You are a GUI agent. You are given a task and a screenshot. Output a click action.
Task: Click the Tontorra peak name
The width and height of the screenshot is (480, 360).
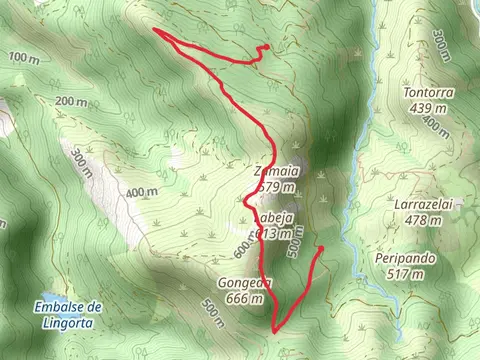pyautogui.click(x=428, y=93)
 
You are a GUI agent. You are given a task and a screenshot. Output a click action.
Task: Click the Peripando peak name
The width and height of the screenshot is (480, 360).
pyautogui.click(x=405, y=258)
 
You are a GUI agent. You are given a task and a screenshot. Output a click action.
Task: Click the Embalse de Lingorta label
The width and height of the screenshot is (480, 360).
pyautogui.click(x=68, y=311)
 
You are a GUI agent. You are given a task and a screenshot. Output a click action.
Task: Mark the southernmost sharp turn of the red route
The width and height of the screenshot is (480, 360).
pyautogui.click(x=275, y=329)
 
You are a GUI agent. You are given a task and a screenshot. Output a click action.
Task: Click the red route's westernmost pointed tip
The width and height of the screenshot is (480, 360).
pyautogui.click(x=155, y=31)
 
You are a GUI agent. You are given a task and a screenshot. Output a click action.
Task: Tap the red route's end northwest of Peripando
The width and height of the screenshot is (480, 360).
pyautogui.click(x=321, y=248)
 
